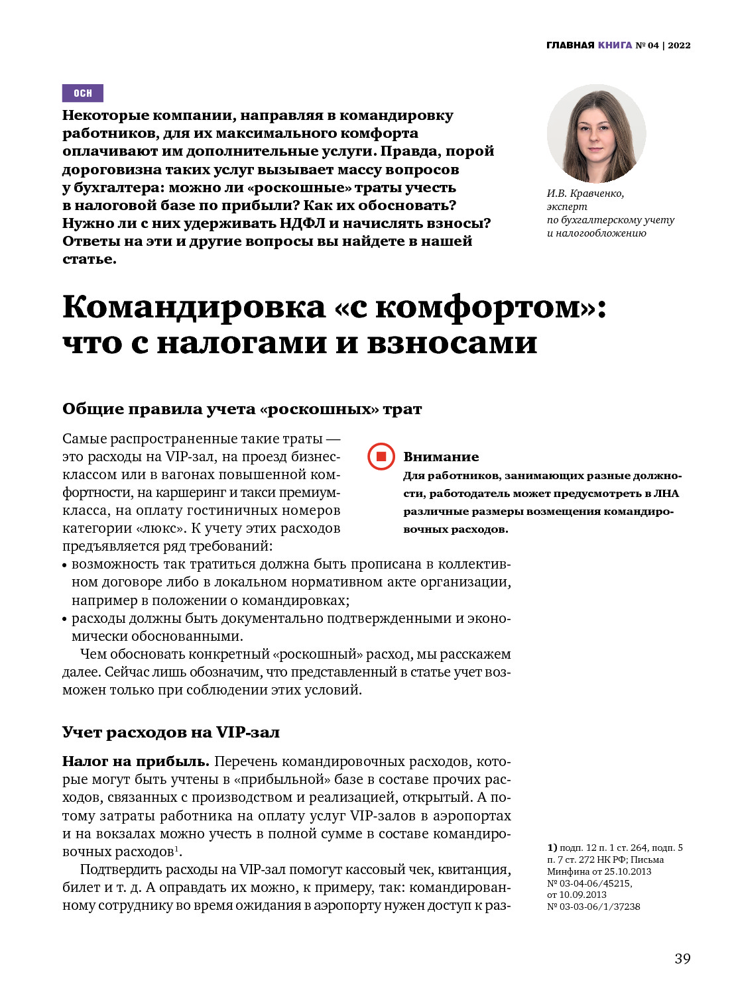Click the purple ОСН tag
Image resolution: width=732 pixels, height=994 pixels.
tap(83, 93)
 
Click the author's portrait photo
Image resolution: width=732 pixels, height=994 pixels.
tap(596, 134)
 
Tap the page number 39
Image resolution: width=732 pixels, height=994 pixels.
tap(682, 958)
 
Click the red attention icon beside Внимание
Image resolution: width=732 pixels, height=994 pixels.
tap(381, 457)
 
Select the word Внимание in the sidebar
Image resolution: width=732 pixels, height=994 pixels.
tap(441, 457)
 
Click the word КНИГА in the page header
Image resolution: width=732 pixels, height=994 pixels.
tap(615, 45)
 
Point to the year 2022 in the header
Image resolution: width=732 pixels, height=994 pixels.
tap(679, 45)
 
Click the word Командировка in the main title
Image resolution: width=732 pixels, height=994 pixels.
tap(194, 307)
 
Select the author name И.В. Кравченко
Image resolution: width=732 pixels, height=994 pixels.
tap(585, 193)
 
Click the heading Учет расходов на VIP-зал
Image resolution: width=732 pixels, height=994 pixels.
tap(171, 732)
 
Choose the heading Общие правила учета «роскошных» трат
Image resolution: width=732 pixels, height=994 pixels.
tap(242, 409)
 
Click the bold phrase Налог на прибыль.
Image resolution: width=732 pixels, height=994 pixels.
tap(136, 761)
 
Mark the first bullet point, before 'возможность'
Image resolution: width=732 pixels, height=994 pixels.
tap(65, 565)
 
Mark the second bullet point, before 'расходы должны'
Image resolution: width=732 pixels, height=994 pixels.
tap(65, 620)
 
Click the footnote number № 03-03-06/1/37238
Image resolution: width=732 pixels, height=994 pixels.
tap(593, 907)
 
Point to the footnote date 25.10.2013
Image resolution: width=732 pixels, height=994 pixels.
tap(627, 871)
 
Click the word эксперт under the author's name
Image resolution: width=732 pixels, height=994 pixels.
tap(567, 207)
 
